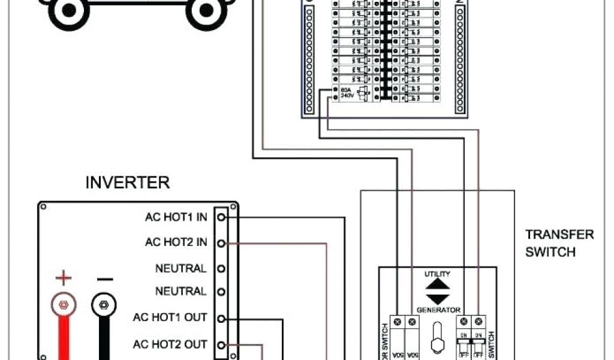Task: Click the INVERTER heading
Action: [127, 182]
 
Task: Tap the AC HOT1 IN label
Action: [176, 217]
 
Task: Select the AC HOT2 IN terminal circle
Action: [221, 243]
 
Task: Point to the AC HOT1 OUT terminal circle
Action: [221, 319]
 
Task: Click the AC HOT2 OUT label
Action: [170, 344]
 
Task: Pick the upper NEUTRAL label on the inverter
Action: [180, 268]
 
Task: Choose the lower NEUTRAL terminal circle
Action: [221, 292]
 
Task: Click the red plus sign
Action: [63, 278]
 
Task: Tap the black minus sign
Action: [104, 278]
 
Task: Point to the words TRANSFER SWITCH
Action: [559, 243]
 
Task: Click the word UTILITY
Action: [437, 274]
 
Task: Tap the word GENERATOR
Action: [438, 310]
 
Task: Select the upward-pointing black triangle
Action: [438, 284]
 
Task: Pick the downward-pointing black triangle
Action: [438, 299]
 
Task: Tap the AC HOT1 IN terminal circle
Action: [221, 217]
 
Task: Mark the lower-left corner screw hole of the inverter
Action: [43, 356]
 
